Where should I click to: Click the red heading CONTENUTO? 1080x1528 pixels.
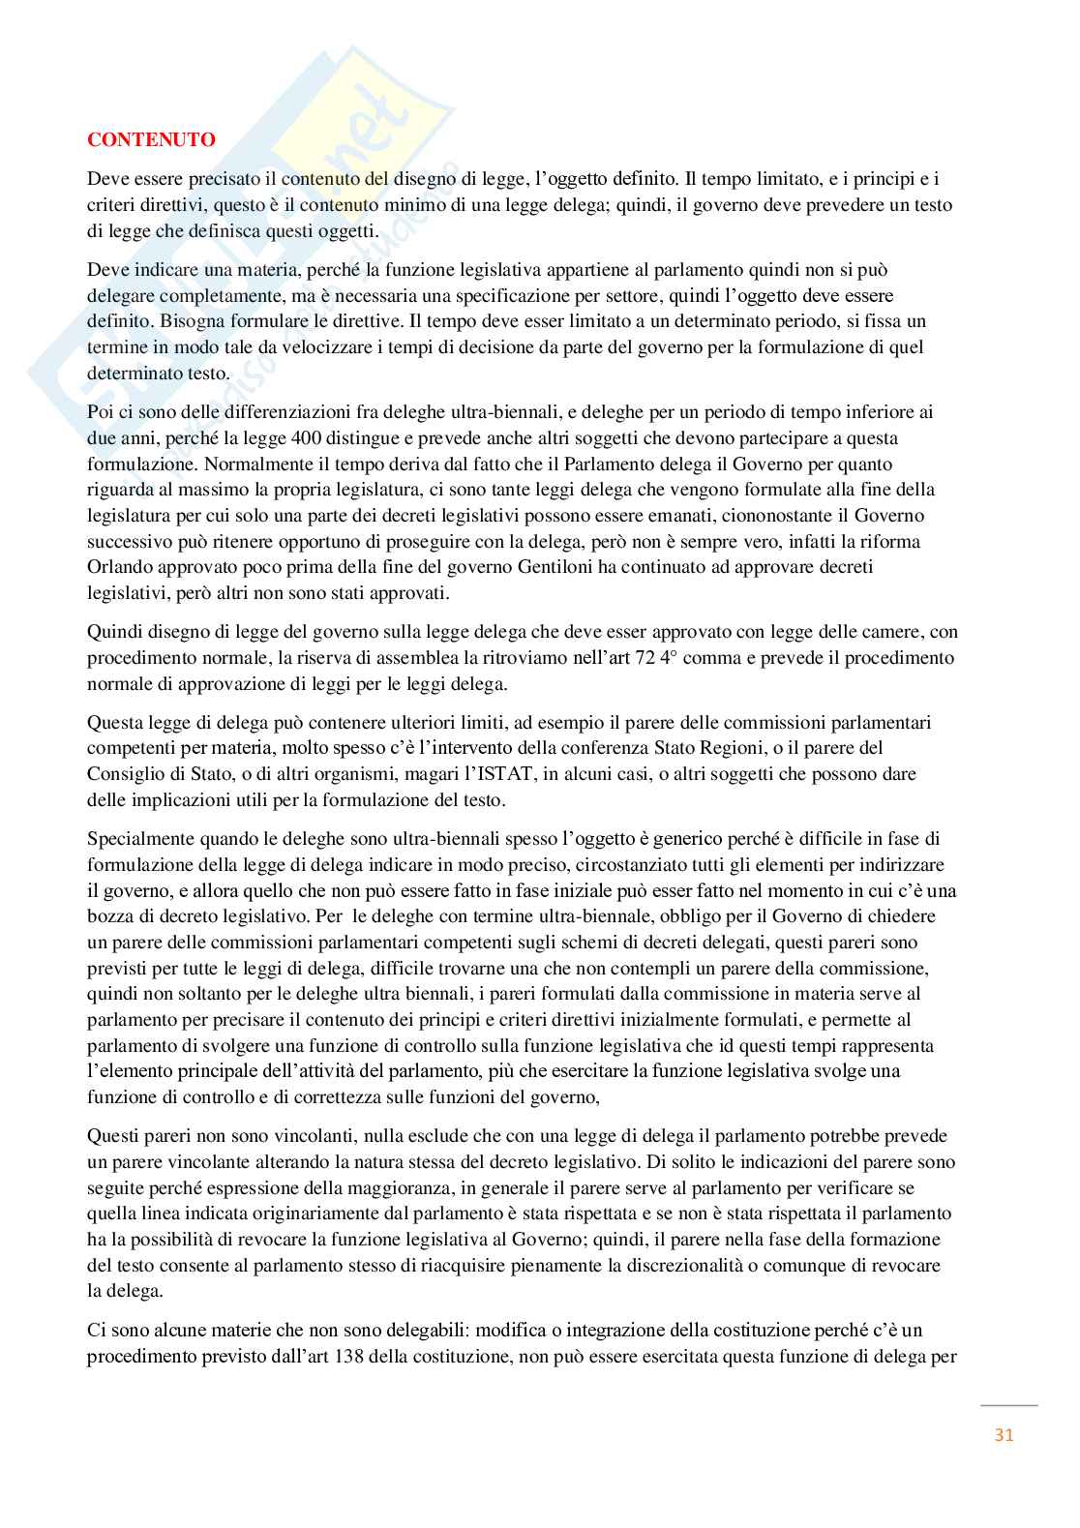coord(151,139)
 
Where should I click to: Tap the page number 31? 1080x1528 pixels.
coord(1004,1434)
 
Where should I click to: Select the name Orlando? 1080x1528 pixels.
coord(118,567)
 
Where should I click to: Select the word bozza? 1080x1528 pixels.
coord(110,915)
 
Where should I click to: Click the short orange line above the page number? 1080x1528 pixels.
coord(1008,1405)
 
